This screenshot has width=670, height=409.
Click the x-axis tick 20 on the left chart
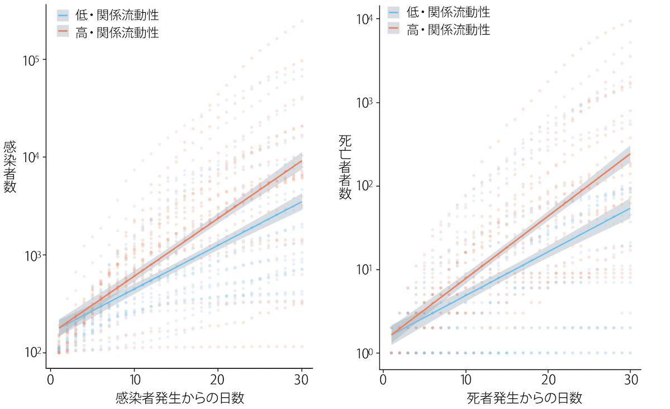[x=218, y=378]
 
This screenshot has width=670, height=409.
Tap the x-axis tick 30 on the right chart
[x=631, y=378]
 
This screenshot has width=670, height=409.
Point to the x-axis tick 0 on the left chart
[x=51, y=378]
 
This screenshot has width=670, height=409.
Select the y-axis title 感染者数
[x=9, y=167]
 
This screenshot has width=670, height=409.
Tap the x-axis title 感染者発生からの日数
[x=179, y=398]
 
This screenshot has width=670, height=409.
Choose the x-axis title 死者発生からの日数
[x=524, y=398]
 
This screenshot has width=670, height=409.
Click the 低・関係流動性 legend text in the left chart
[x=117, y=16]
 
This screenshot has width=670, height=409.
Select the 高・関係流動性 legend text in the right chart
[x=448, y=30]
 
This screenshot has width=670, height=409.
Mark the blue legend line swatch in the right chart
[x=394, y=12]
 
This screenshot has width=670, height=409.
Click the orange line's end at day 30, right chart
[x=630, y=154]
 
